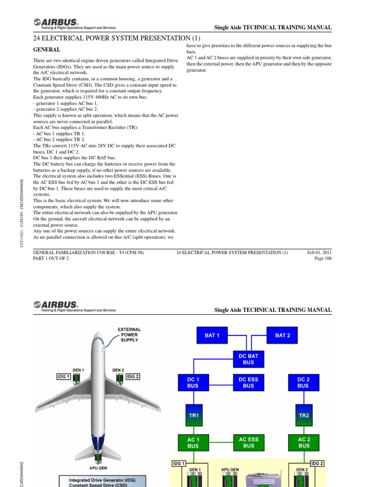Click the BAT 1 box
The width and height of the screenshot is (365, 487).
pyautogui.click(x=212, y=335)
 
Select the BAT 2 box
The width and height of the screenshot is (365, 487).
pyautogui.click(x=283, y=335)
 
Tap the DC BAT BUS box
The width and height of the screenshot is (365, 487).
pyautogui.click(x=249, y=359)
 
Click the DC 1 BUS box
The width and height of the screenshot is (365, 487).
pyautogui.click(x=194, y=383)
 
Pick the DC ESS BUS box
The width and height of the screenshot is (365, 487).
pyautogui.click(x=249, y=383)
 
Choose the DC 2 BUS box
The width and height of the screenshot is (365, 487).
pyautogui.click(x=303, y=383)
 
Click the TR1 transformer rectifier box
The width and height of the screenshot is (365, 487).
pyautogui.click(x=194, y=415)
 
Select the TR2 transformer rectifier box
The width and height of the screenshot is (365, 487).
pyautogui.click(x=304, y=415)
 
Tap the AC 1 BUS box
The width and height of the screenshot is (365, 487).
pyautogui.click(x=194, y=443)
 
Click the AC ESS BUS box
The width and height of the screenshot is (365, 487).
pyautogui.click(x=249, y=443)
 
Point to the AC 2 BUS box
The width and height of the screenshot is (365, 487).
pyautogui.click(x=303, y=443)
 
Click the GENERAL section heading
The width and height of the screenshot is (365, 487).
pyautogui.click(x=46, y=49)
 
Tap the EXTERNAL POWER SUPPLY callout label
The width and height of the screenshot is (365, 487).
pyautogui.click(x=129, y=335)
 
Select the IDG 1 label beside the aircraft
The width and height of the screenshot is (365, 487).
pyautogui.click(x=64, y=377)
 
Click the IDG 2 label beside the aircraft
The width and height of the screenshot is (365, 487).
pyautogui.click(x=133, y=377)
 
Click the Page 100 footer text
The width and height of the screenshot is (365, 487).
pyautogui.click(x=323, y=259)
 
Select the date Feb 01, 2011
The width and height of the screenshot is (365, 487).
pyautogui.click(x=319, y=253)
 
